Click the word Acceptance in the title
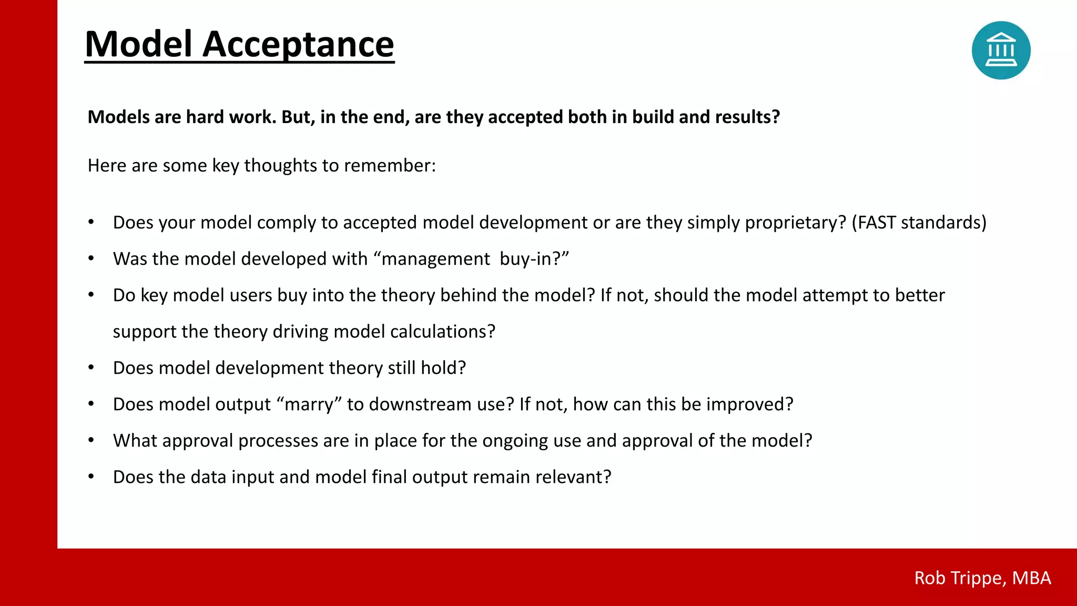pyautogui.click(x=298, y=44)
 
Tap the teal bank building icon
pyautogui.click(x=1001, y=50)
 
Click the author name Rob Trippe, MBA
pyautogui.click(x=982, y=578)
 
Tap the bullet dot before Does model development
pyautogui.click(x=91, y=367)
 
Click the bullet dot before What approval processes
pyautogui.click(x=91, y=440)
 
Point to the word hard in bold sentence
pyautogui.click(x=204, y=117)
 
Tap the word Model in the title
pyautogui.click(x=138, y=44)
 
